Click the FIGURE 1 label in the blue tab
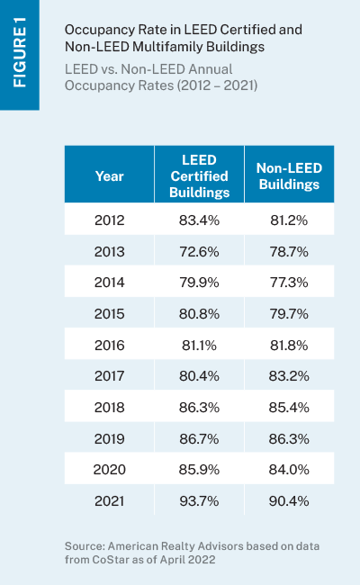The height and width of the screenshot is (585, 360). tap(20, 52)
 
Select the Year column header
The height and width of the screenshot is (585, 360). tap(109, 176)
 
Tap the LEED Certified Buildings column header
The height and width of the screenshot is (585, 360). tap(199, 176)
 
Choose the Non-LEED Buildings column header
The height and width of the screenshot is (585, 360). tap(289, 176)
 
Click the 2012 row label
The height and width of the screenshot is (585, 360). tap(109, 220)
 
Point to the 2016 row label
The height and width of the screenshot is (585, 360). tap(109, 345)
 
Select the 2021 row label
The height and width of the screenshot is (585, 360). tap(109, 500)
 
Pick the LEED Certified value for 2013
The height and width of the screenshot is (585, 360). tap(199, 252)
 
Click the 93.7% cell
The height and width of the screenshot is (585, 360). tap(199, 500)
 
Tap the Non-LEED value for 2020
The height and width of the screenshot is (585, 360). tap(289, 469)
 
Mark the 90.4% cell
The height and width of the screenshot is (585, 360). tap(289, 500)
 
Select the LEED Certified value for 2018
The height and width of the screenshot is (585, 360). tap(199, 408)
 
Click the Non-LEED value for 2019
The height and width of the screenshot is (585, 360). tap(289, 439)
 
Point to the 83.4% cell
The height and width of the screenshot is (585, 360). tap(199, 220)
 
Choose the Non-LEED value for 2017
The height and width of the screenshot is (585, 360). tap(289, 375)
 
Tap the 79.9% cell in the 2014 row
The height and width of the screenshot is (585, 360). tap(199, 283)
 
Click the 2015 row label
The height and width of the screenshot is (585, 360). tap(109, 314)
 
